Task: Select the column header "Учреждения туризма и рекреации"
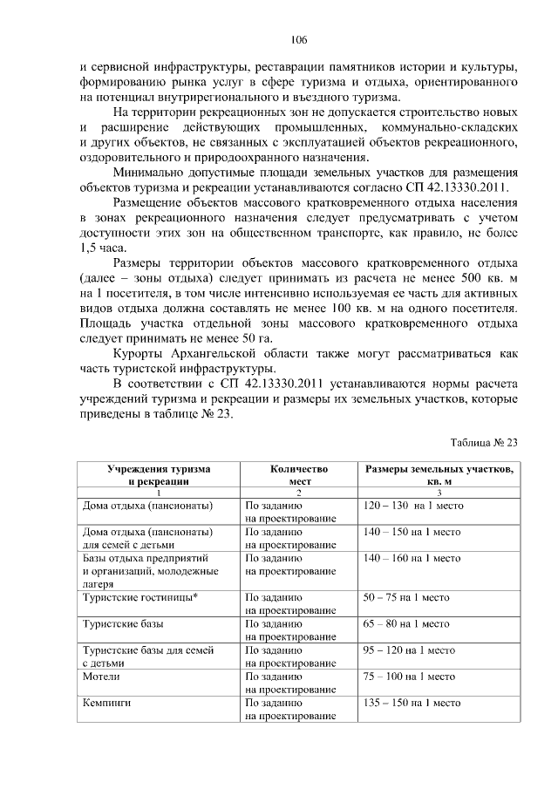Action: (x=159, y=474)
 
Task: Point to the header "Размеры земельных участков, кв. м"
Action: (x=439, y=474)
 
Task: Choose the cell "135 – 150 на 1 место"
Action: (x=412, y=703)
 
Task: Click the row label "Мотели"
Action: (x=101, y=677)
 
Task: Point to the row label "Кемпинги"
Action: (x=107, y=703)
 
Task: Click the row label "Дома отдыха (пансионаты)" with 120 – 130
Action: (x=147, y=505)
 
